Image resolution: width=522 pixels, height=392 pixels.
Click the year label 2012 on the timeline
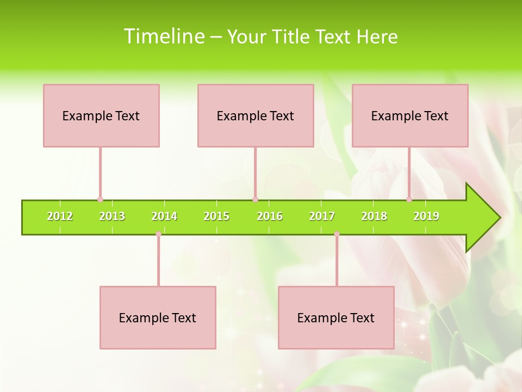pos(60,216)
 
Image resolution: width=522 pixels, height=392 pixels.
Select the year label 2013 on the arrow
pos(112,216)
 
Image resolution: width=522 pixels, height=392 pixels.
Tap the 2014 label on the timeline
pos(164,216)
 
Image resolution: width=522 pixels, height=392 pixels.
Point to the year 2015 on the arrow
pos(216,216)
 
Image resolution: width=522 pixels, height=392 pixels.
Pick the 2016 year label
pos(270,216)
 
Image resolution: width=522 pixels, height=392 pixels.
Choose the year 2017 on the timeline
pos(322,216)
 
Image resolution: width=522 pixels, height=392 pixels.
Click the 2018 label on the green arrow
pos(374,216)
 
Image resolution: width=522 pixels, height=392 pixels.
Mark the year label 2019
pos(426,216)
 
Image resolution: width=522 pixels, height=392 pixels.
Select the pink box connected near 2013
pos(101,115)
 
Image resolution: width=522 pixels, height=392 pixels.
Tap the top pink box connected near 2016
pos(256,115)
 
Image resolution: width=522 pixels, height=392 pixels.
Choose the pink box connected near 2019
pos(410,115)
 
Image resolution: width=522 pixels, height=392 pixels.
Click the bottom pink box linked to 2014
pos(158,317)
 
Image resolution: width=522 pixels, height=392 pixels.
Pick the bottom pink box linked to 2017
pos(336,317)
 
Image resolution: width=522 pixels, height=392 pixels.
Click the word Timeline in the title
pos(164,36)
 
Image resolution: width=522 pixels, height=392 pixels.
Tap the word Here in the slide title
pos(377,36)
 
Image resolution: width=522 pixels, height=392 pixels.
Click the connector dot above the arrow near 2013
pos(100,200)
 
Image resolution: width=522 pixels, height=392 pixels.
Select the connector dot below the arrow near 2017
pos(337,234)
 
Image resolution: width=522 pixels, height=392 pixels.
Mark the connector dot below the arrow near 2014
pos(158,234)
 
